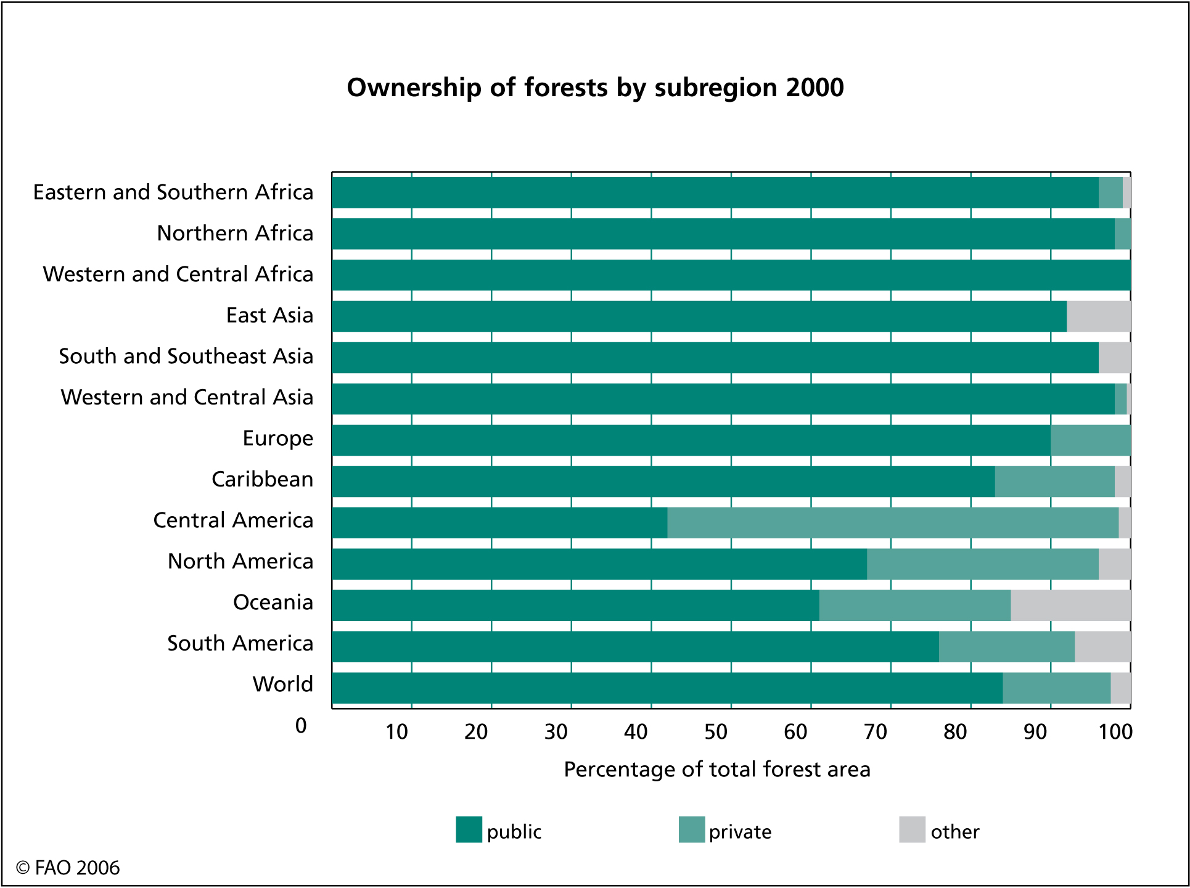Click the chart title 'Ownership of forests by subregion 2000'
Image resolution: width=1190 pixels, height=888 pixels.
(595, 88)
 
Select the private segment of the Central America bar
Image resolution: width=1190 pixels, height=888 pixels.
(893, 523)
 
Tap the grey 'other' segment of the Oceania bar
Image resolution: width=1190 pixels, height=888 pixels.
(1070, 606)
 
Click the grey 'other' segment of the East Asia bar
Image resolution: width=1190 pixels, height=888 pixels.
(1099, 316)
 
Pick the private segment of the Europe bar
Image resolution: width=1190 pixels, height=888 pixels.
(1090, 440)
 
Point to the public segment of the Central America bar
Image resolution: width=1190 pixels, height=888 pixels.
(499, 523)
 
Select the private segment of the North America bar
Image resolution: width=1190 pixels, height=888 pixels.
(983, 564)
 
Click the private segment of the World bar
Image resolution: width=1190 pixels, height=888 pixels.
(1057, 688)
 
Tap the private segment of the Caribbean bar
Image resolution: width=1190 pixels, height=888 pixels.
(1055, 482)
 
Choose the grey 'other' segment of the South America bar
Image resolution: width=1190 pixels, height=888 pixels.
(1102, 647)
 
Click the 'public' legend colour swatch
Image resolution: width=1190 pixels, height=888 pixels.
(469, 829)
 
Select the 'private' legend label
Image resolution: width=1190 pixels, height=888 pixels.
(740, 832)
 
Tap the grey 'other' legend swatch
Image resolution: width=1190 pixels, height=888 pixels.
(913, 829)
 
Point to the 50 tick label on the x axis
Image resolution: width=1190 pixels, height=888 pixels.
(716, 732)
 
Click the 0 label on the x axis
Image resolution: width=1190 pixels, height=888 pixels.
(301, 726)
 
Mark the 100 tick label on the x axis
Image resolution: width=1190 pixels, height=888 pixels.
(1115, 732)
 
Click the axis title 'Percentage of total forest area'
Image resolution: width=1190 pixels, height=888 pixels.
(717, 770)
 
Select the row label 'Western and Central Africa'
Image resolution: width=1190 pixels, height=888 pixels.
(178, 274)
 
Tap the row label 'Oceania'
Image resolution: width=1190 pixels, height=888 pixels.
(273, 602)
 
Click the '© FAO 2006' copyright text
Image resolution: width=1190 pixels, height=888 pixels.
(68, 868)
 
